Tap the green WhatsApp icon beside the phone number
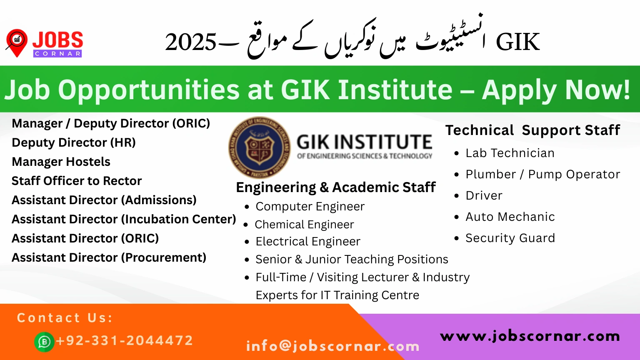[44, 342]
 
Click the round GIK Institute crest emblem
[260, 147]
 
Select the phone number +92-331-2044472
[125, 340]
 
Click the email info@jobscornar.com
[333, 346]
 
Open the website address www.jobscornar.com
[530, 336]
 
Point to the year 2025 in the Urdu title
[190, 42]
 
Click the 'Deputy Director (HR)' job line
[74, 142]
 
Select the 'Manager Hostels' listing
[61, 162]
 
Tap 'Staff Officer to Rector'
[77, 181]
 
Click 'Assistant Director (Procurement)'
[109, 257]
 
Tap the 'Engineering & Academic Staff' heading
[336, 187]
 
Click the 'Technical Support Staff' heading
[532, 130]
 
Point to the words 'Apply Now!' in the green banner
[556, 90]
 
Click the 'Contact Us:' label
[65, 318]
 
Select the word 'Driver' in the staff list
[484, 196]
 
